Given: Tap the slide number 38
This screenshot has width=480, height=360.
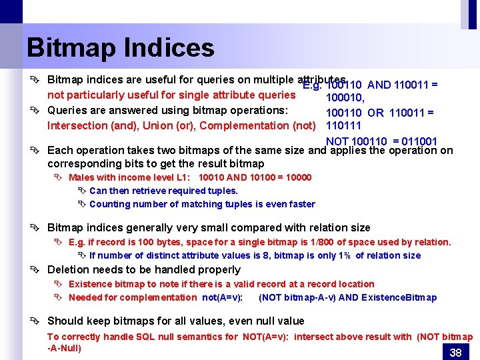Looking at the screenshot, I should click(456, 353).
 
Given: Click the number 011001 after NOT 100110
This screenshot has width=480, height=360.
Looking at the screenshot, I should click(415, 141).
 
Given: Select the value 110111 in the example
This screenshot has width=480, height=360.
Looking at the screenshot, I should click(343, 125).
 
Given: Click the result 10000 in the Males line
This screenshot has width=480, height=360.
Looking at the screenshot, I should click(297, 177).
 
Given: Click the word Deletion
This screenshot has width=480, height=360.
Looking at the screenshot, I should click(69, 270).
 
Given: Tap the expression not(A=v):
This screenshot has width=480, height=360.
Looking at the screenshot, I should click(222, 297).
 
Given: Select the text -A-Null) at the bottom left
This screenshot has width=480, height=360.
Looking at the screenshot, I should click(64, 348).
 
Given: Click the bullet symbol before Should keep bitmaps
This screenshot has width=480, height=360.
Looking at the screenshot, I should click(38, 321).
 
